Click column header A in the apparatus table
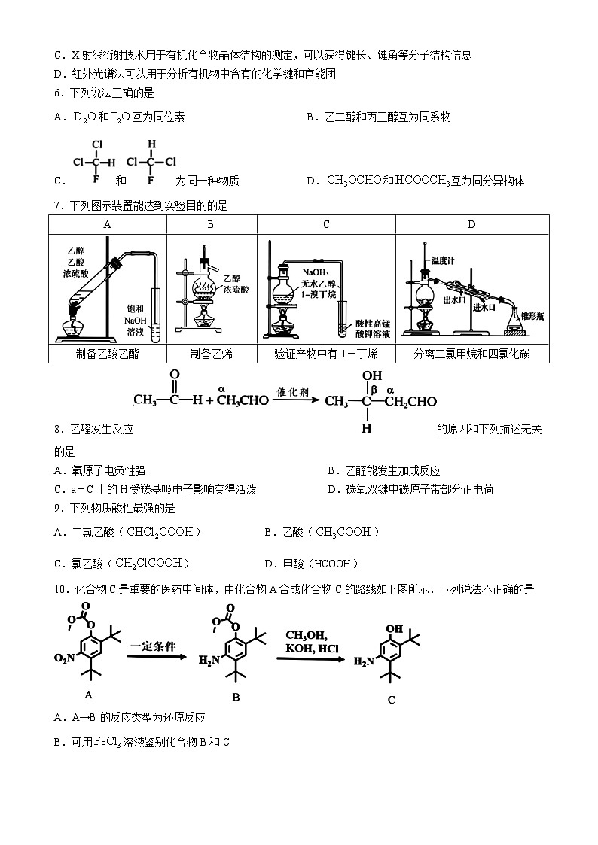point(107,224)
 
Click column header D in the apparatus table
point(471,224)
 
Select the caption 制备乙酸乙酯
point(108,354)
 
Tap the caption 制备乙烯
point(211,354)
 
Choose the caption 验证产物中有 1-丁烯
point(326,354)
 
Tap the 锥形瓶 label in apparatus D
point(532,317)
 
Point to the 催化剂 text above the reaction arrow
point(291,391)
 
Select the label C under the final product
point(391,700)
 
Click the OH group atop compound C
point(392,627)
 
